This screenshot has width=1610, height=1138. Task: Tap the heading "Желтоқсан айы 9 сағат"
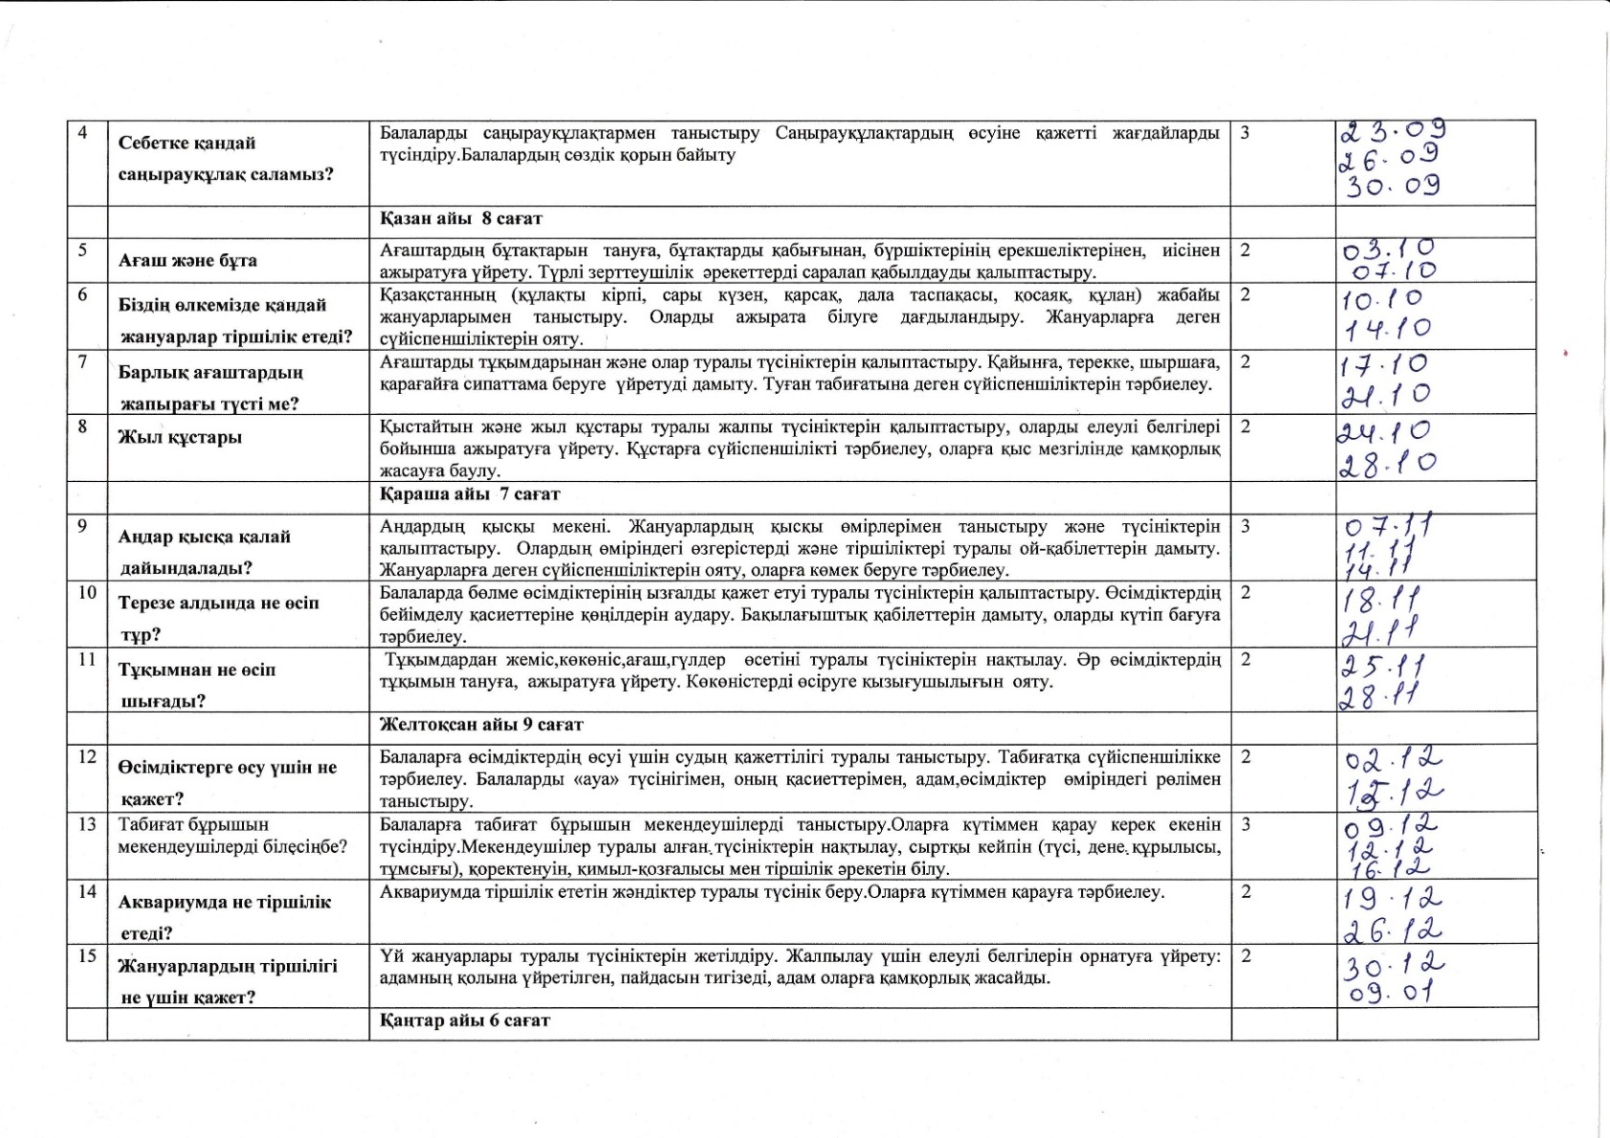point(481,725)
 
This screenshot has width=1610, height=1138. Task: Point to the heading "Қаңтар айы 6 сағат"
point(465,1020)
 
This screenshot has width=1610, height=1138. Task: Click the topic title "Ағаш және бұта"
point(187,260)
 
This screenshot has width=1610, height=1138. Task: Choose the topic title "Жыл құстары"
point(180,437)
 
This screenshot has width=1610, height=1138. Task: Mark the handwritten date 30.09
point(1393,185)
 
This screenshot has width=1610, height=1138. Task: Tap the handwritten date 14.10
point(1387,329)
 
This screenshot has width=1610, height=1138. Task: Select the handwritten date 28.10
point(1387,464)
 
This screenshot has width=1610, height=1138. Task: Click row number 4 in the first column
point(83,133)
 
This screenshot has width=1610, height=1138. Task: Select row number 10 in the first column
point(87,593)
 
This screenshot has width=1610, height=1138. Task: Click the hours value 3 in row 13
point(1245,824)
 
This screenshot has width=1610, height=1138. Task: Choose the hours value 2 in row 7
point(1245,361)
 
